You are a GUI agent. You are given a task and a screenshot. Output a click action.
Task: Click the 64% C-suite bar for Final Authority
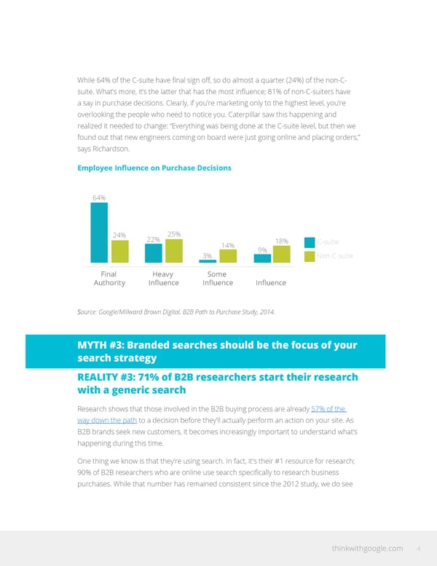click(99, 232)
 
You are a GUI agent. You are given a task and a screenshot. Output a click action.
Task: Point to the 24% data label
click(120, 235)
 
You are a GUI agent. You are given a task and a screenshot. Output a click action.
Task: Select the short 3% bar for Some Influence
click(208, 261)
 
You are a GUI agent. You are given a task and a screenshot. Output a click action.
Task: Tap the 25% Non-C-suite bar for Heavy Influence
click(174, 250)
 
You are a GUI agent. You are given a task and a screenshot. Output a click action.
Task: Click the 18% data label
click(282, 241)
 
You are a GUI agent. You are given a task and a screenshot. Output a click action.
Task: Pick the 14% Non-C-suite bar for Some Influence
click(228, 256)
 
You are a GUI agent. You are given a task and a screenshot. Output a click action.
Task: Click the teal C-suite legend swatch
click(309, 242)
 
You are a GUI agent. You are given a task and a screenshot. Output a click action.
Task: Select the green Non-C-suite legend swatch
click(309, 256)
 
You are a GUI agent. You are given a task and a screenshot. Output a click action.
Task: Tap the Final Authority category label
click(109, 279)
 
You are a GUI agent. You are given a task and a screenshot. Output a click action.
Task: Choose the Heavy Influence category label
click(163, 279)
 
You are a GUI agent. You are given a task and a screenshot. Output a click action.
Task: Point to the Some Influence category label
click(218, 279)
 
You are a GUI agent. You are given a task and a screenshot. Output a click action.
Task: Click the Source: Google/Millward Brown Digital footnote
click(176, 311)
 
